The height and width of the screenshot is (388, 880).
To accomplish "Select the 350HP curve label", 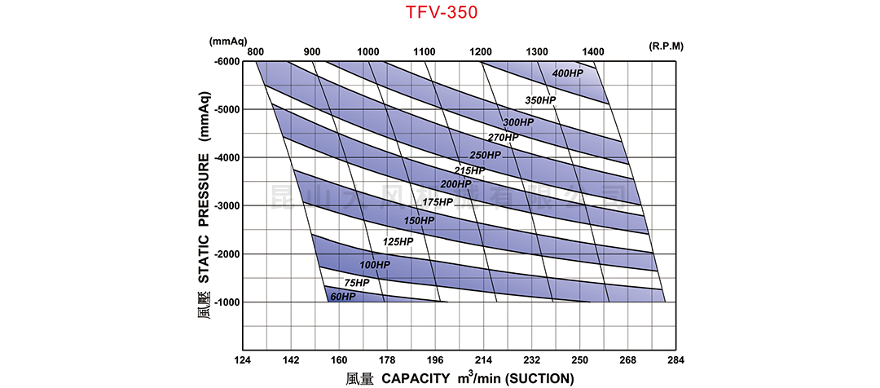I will click(x=540, y=100).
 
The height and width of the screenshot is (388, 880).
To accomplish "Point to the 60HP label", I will click(x=343, y=296).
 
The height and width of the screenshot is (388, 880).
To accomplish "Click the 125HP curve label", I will click(x=398, y=242).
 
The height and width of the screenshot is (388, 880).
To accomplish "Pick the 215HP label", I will click(x=469, y=170).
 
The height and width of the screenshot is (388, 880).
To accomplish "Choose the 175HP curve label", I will click(x=438, y=202).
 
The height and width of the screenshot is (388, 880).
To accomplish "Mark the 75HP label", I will click(x=356, y=282).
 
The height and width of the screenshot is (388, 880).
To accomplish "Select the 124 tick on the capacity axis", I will click(x=244, y=359).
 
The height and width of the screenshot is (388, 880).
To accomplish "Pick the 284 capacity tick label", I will click(x=676, y=359).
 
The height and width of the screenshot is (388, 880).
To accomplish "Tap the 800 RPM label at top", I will click(x=256, y=51).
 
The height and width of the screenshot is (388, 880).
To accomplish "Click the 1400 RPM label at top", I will click(x=593, y=51).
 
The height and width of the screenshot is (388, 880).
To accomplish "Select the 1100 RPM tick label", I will click(x=425, y=51).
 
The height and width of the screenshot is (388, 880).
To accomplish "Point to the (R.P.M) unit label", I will click(x=667, y=46).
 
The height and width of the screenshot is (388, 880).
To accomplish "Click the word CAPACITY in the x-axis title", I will click(x=416, y=377).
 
